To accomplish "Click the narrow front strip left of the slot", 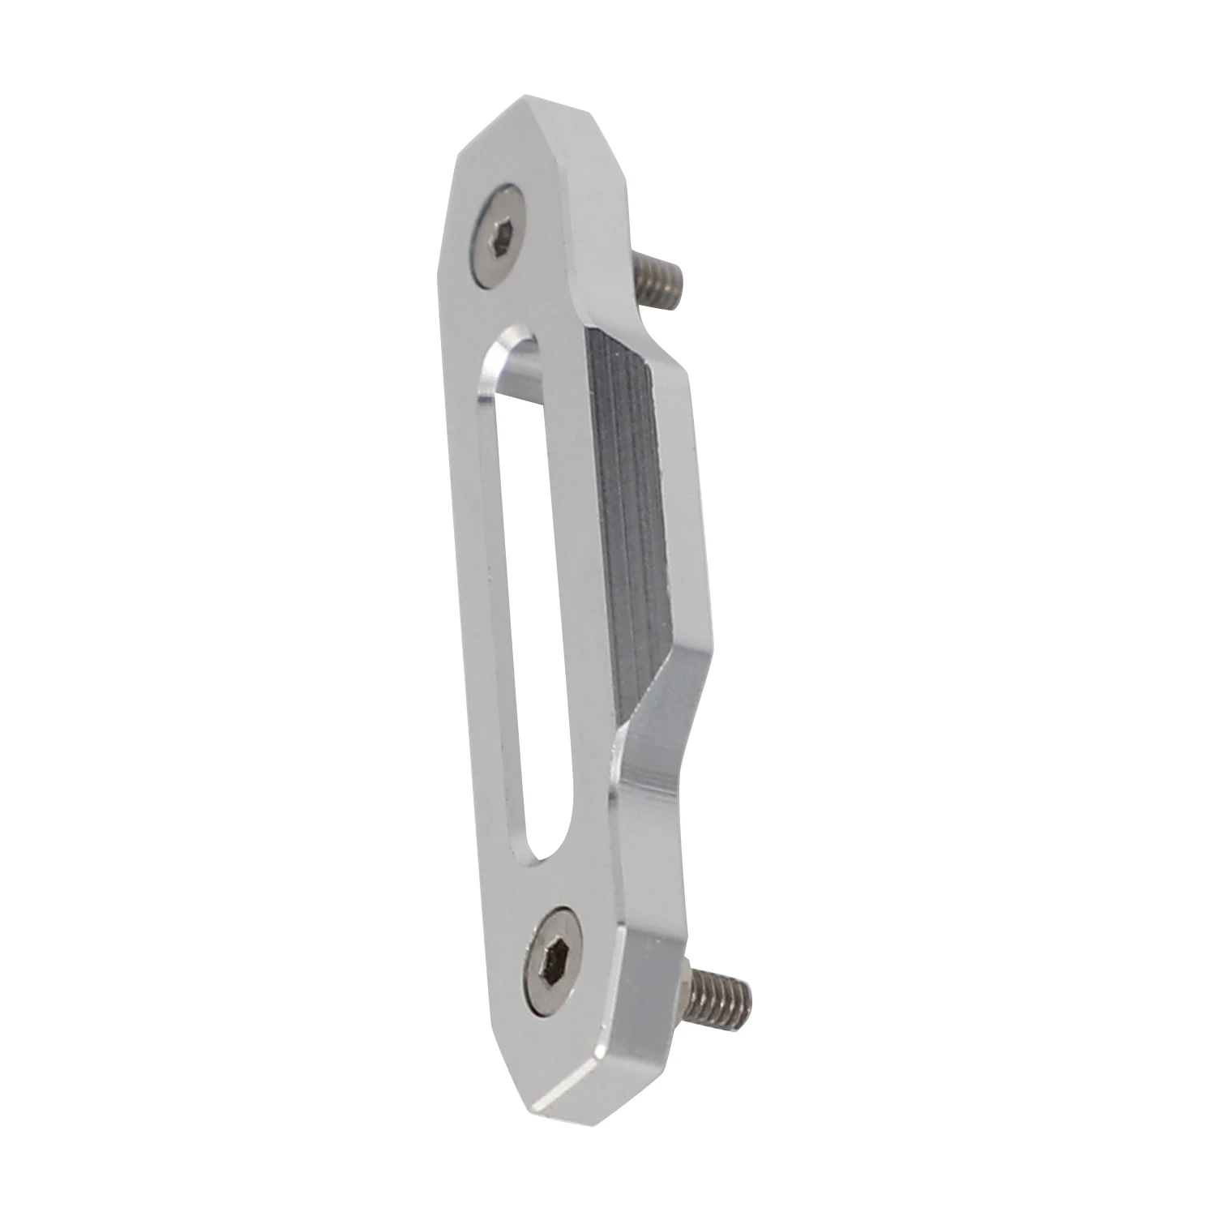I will coord(466,567).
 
